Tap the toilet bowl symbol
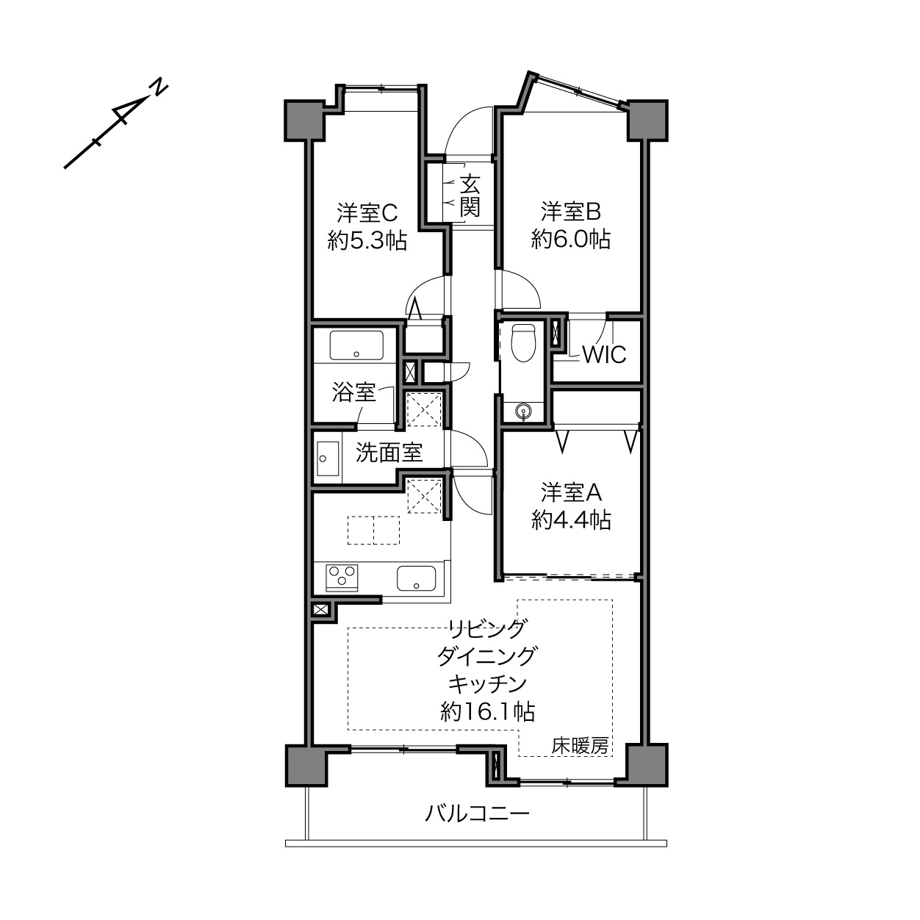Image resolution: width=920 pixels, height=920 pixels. [x=523, y=342]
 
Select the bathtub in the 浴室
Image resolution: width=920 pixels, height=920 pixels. [x=356, y=345]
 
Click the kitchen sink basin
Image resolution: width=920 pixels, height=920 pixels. [x=416, y=578]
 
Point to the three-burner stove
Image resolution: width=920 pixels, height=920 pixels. [x=342, y=577]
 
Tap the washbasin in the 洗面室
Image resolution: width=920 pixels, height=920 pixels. [x=328, y=459]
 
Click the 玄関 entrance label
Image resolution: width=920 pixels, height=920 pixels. [x=470, y=195]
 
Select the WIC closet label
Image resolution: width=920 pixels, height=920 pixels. [x=604, y=354]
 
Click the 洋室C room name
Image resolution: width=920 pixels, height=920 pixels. [x=367, y=212]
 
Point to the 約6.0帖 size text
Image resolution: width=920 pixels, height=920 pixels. [x=571, y=240]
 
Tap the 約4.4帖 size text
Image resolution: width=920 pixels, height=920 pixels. [x=571, y=520]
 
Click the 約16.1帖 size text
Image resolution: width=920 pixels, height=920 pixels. [x=487, y=712]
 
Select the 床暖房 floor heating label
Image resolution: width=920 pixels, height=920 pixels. [x=580, y=745]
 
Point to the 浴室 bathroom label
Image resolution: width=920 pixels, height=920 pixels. [x=353, y=392]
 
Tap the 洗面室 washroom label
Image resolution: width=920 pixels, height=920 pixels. [x=389, y=453]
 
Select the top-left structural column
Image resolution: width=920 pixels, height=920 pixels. [x=305, y=121]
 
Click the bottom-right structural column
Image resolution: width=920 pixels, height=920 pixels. [x=647, y=765]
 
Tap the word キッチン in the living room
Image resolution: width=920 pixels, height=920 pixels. [x=487, y=683]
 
